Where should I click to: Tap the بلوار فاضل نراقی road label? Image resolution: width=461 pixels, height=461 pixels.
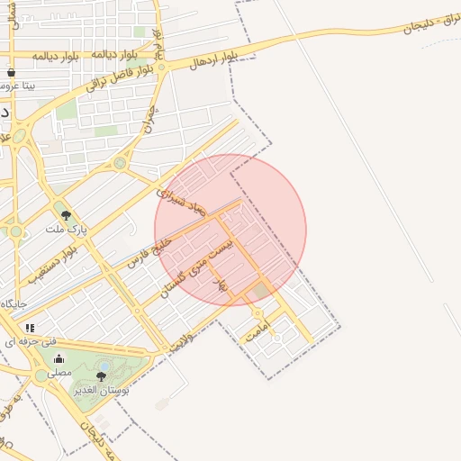[x=122, y=77]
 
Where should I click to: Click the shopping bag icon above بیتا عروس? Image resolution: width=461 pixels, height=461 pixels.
[x=11, y=71]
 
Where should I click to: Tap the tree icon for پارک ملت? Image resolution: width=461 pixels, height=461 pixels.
[x=65, y=214]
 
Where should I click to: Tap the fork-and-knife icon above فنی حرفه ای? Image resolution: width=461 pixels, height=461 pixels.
[x=30, y=328]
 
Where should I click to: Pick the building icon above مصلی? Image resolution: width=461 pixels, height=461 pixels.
[x=59, y=358]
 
